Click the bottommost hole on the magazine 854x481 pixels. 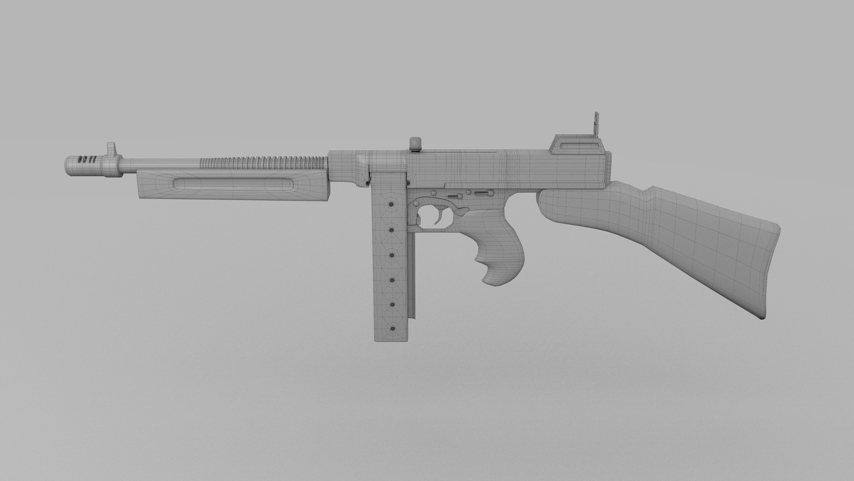[x=393, y=329]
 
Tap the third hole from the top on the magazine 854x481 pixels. [x=392, y=255]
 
